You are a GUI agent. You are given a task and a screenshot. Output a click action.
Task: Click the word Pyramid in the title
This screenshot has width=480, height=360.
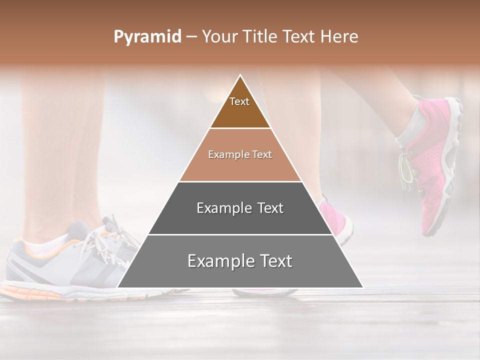(147, 37)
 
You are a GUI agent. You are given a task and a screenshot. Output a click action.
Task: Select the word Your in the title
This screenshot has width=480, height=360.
(219, 37)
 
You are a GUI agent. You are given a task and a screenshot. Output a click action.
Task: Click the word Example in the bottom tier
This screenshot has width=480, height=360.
(215, 261)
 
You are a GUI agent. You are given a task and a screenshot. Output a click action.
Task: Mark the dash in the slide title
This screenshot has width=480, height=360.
(191, 37)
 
